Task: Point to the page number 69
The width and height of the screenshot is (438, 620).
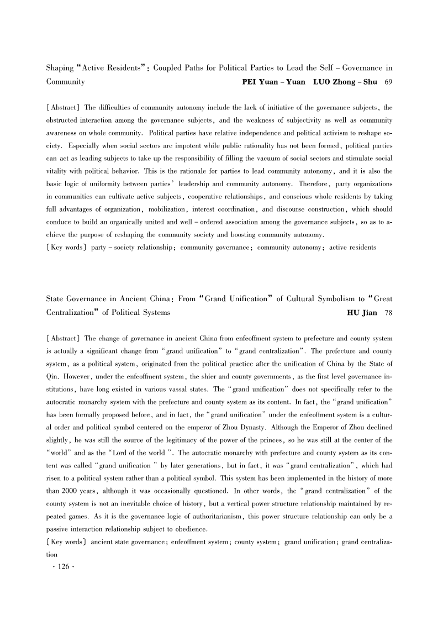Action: pyautogui.click(x=388, y=82)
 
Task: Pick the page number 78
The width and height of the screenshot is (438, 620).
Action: pyautogui.click(x=388, y=313)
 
